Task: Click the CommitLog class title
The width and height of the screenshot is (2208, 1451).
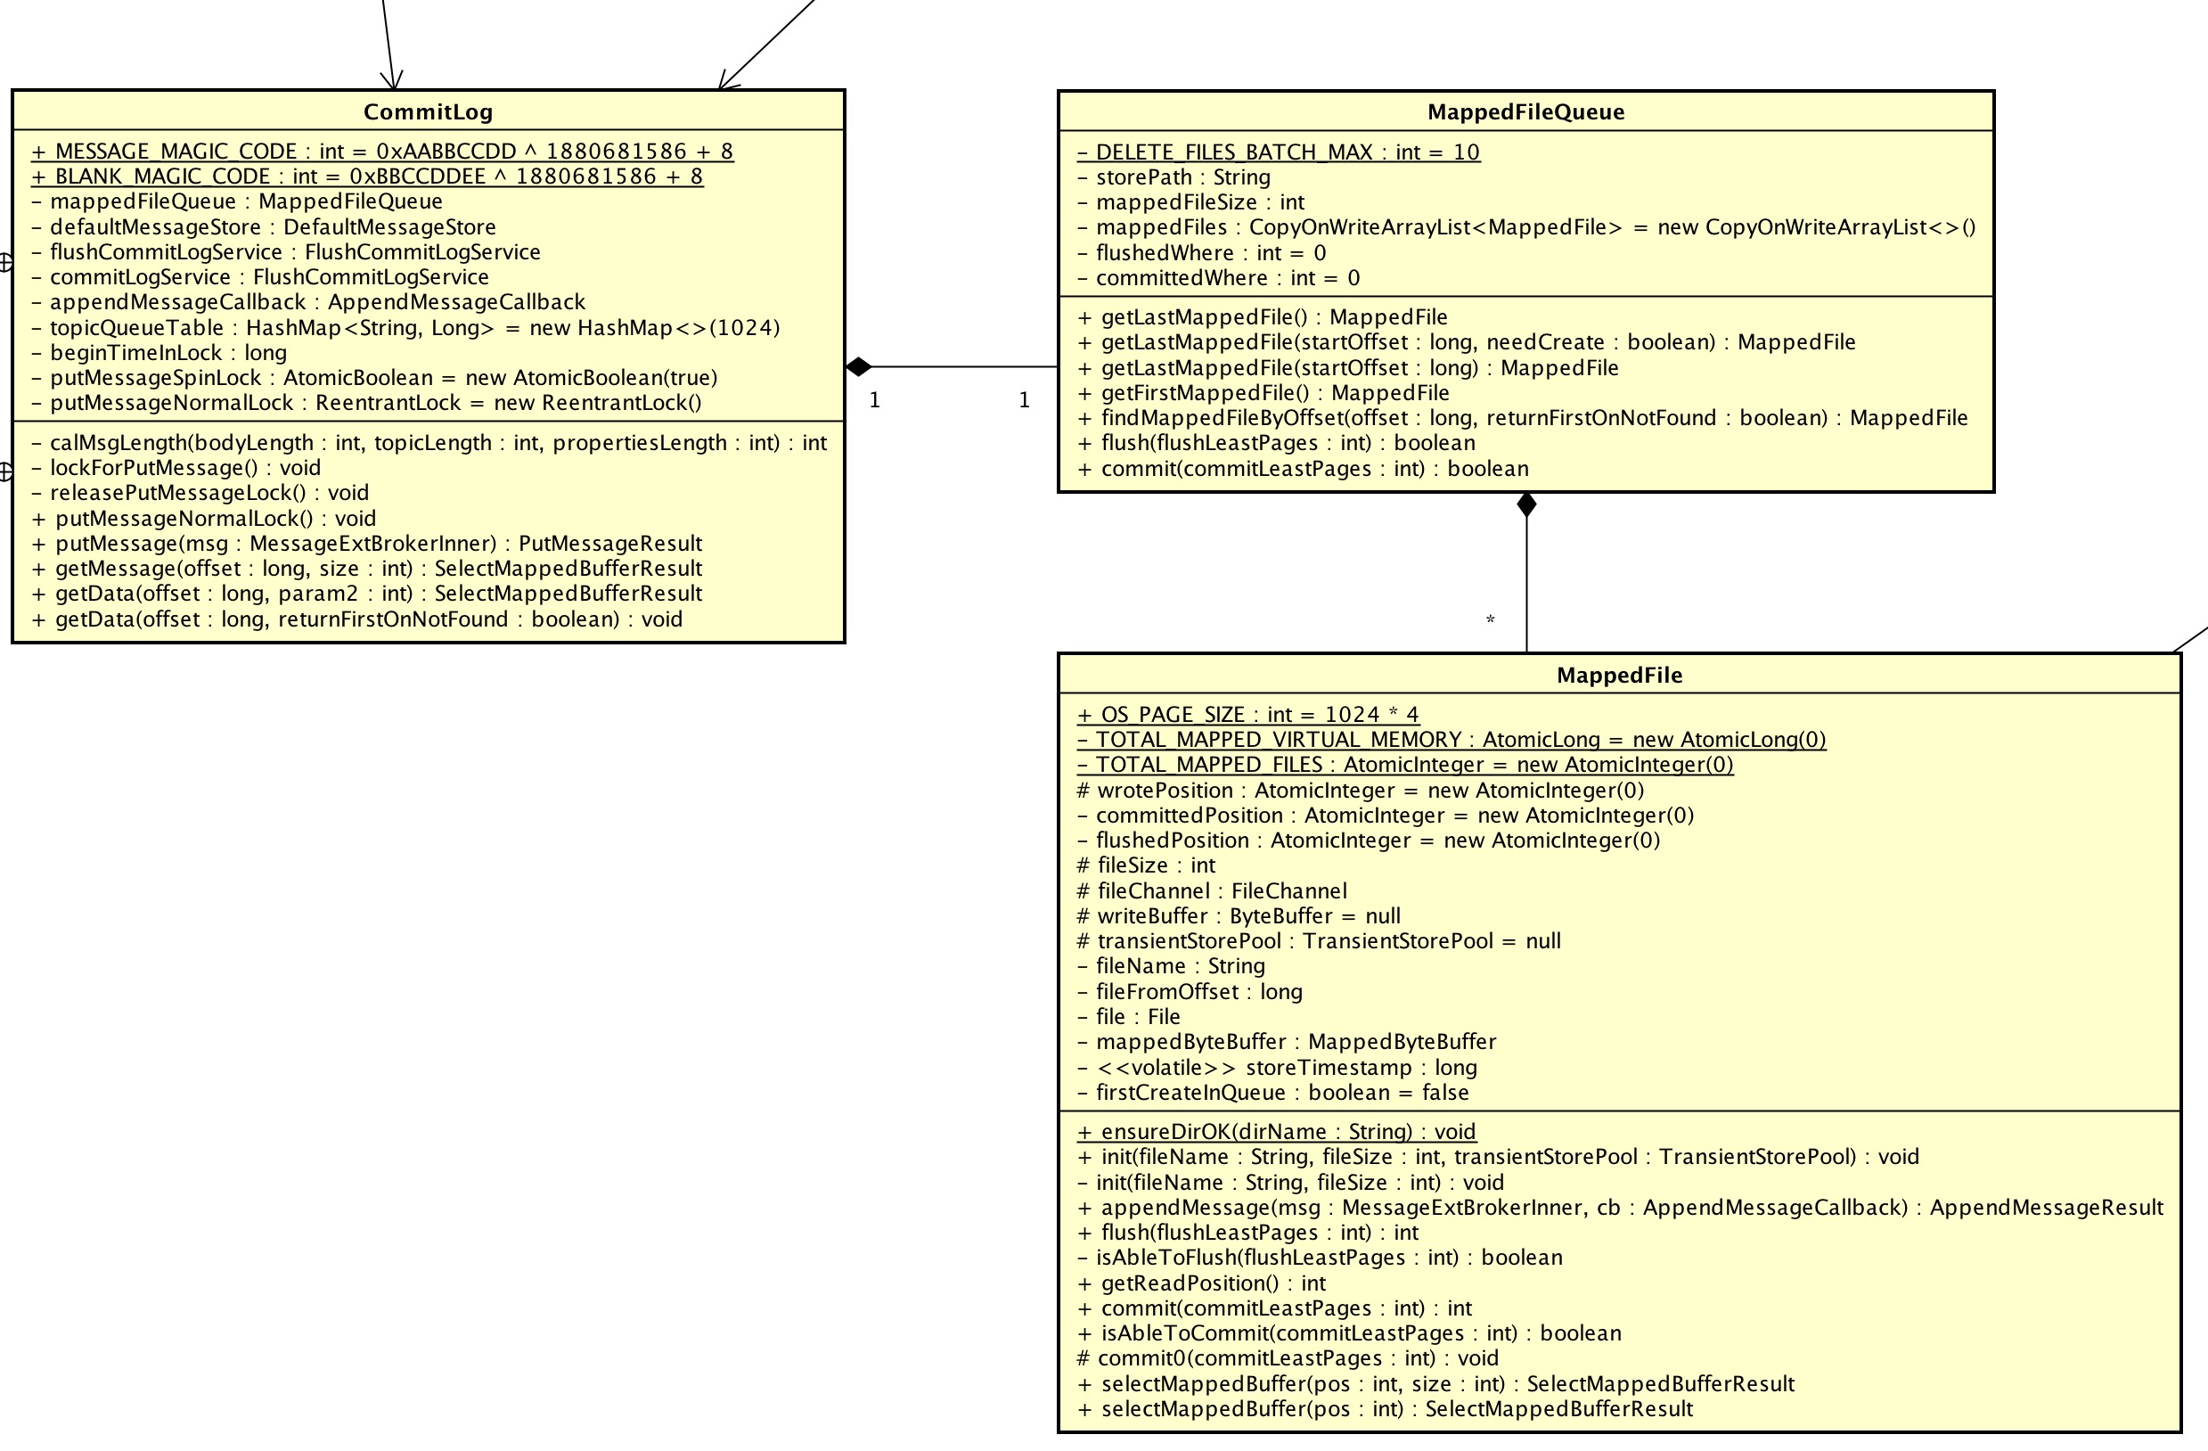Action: tap(428, 112)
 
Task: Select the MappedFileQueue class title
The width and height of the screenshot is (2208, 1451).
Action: tap(1525, 112)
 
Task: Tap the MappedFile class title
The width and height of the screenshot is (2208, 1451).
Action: tap(1619, 676)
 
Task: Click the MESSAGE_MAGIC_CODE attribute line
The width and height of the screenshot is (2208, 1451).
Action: tap(382, 152)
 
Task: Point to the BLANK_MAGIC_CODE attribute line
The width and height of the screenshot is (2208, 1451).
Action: tap(367, 176)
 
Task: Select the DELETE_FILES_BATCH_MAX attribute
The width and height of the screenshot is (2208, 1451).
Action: tap(1279, 152)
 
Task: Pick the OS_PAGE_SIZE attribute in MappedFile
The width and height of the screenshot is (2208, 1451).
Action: tap(1247, 715)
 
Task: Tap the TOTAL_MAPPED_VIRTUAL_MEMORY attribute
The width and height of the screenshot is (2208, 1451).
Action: tap(1451, 740)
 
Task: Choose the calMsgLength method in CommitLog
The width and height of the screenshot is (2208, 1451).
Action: tap(429, 443)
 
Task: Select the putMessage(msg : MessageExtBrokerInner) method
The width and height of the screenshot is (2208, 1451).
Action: tap(367, 544)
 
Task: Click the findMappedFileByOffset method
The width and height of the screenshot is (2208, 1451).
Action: tap(1523, 417)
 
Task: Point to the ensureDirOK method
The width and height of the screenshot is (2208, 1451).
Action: tap(1277, 1132)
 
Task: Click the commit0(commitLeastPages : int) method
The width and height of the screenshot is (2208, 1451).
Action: tap(1288, 1358)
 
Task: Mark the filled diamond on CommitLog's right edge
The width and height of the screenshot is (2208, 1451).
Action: tap(858, 366)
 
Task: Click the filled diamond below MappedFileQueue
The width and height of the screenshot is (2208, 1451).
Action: tap(1526, 504)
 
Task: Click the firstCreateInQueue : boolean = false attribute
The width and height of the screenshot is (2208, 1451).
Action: tap(1272, 1093)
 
